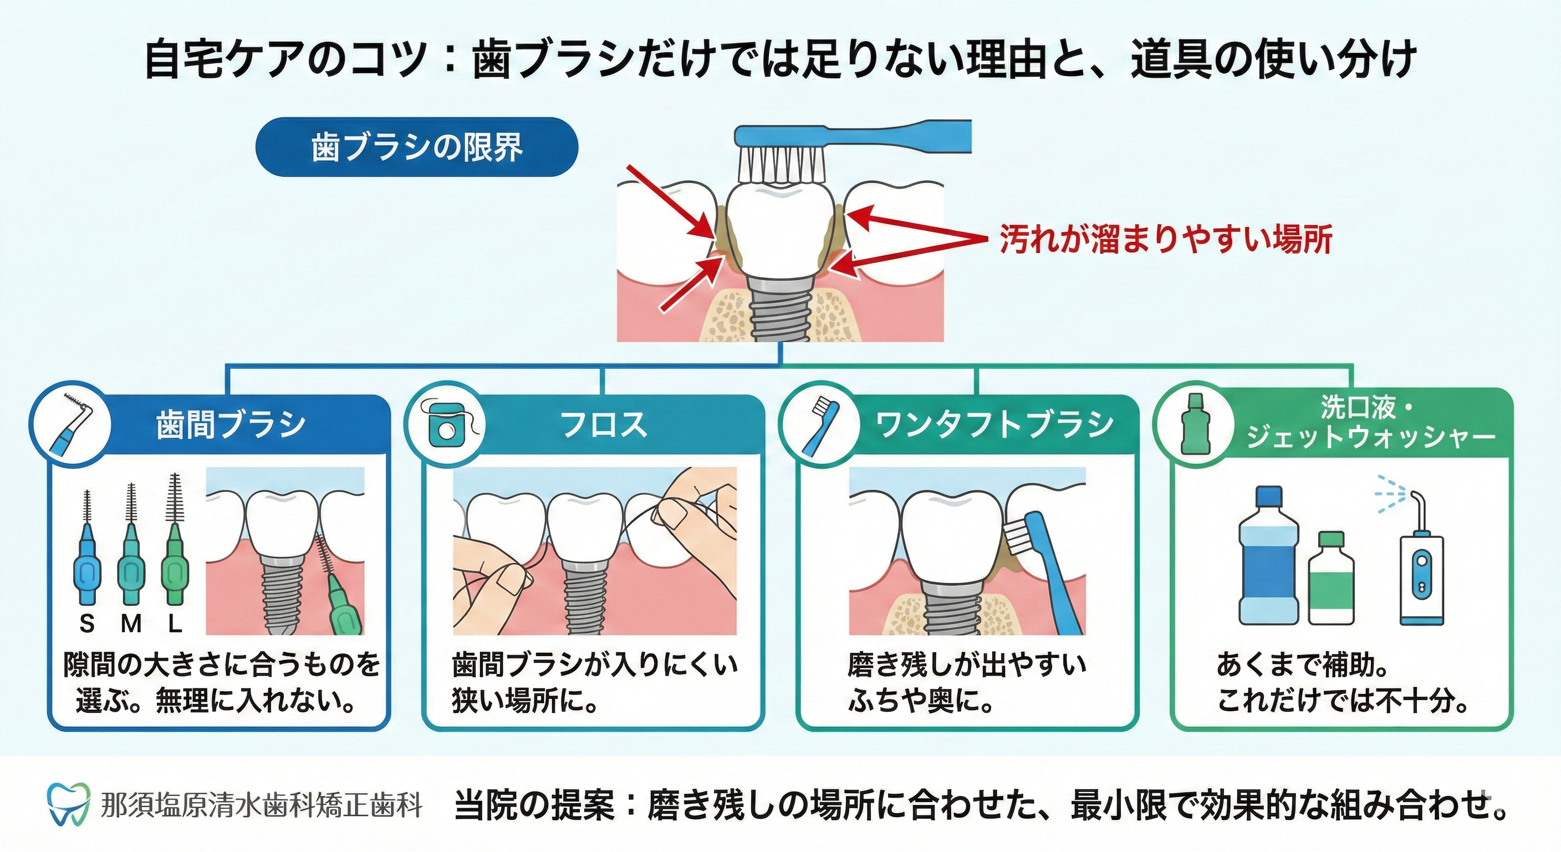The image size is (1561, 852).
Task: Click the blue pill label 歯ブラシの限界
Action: (x=417, y=147)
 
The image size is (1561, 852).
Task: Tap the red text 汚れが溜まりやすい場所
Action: (x=1165, y=240)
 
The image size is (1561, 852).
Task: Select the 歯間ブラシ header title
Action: (x=231, y=424)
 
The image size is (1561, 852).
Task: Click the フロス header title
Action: (x=604, y=424)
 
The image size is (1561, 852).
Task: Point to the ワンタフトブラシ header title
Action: (x=994, y=424)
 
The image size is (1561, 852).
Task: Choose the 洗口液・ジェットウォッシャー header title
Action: (x=1371, y=423)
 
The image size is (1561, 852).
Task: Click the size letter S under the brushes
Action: (x=87, y=623)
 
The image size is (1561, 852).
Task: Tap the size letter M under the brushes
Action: (x=131, y=623)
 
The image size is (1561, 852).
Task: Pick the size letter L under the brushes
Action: (x=175, y=623)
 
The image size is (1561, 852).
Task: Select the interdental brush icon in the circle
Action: (x=72, y=423)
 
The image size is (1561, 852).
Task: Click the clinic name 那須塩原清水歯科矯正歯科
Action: (x=261, y=805)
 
